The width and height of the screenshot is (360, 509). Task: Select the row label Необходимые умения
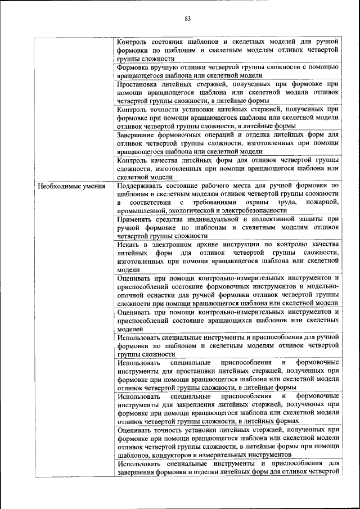pos(69,185)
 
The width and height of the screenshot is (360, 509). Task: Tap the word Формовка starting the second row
pos(132,66)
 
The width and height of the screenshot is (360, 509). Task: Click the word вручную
pos(164,66)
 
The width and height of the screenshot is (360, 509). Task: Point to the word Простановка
pos(138,84)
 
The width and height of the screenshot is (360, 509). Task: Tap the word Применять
pos(137,219)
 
